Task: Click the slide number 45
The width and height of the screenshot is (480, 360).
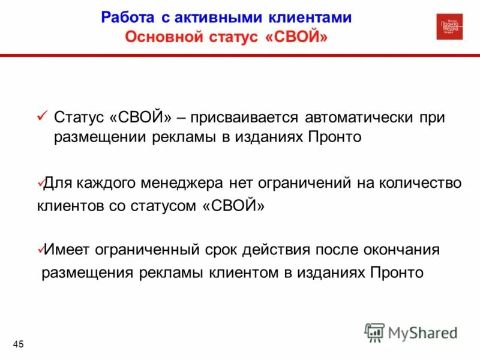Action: [x=18, y=344]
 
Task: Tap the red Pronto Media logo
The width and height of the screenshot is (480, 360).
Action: [x=449, y=27]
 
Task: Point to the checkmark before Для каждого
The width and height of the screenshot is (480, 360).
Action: [x=40, y=181]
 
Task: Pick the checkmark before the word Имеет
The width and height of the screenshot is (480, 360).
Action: [x=40, y=248]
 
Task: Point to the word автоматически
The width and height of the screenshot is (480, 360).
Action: [x=351, y=117]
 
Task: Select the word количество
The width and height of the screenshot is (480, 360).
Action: [x=419, y=183]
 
